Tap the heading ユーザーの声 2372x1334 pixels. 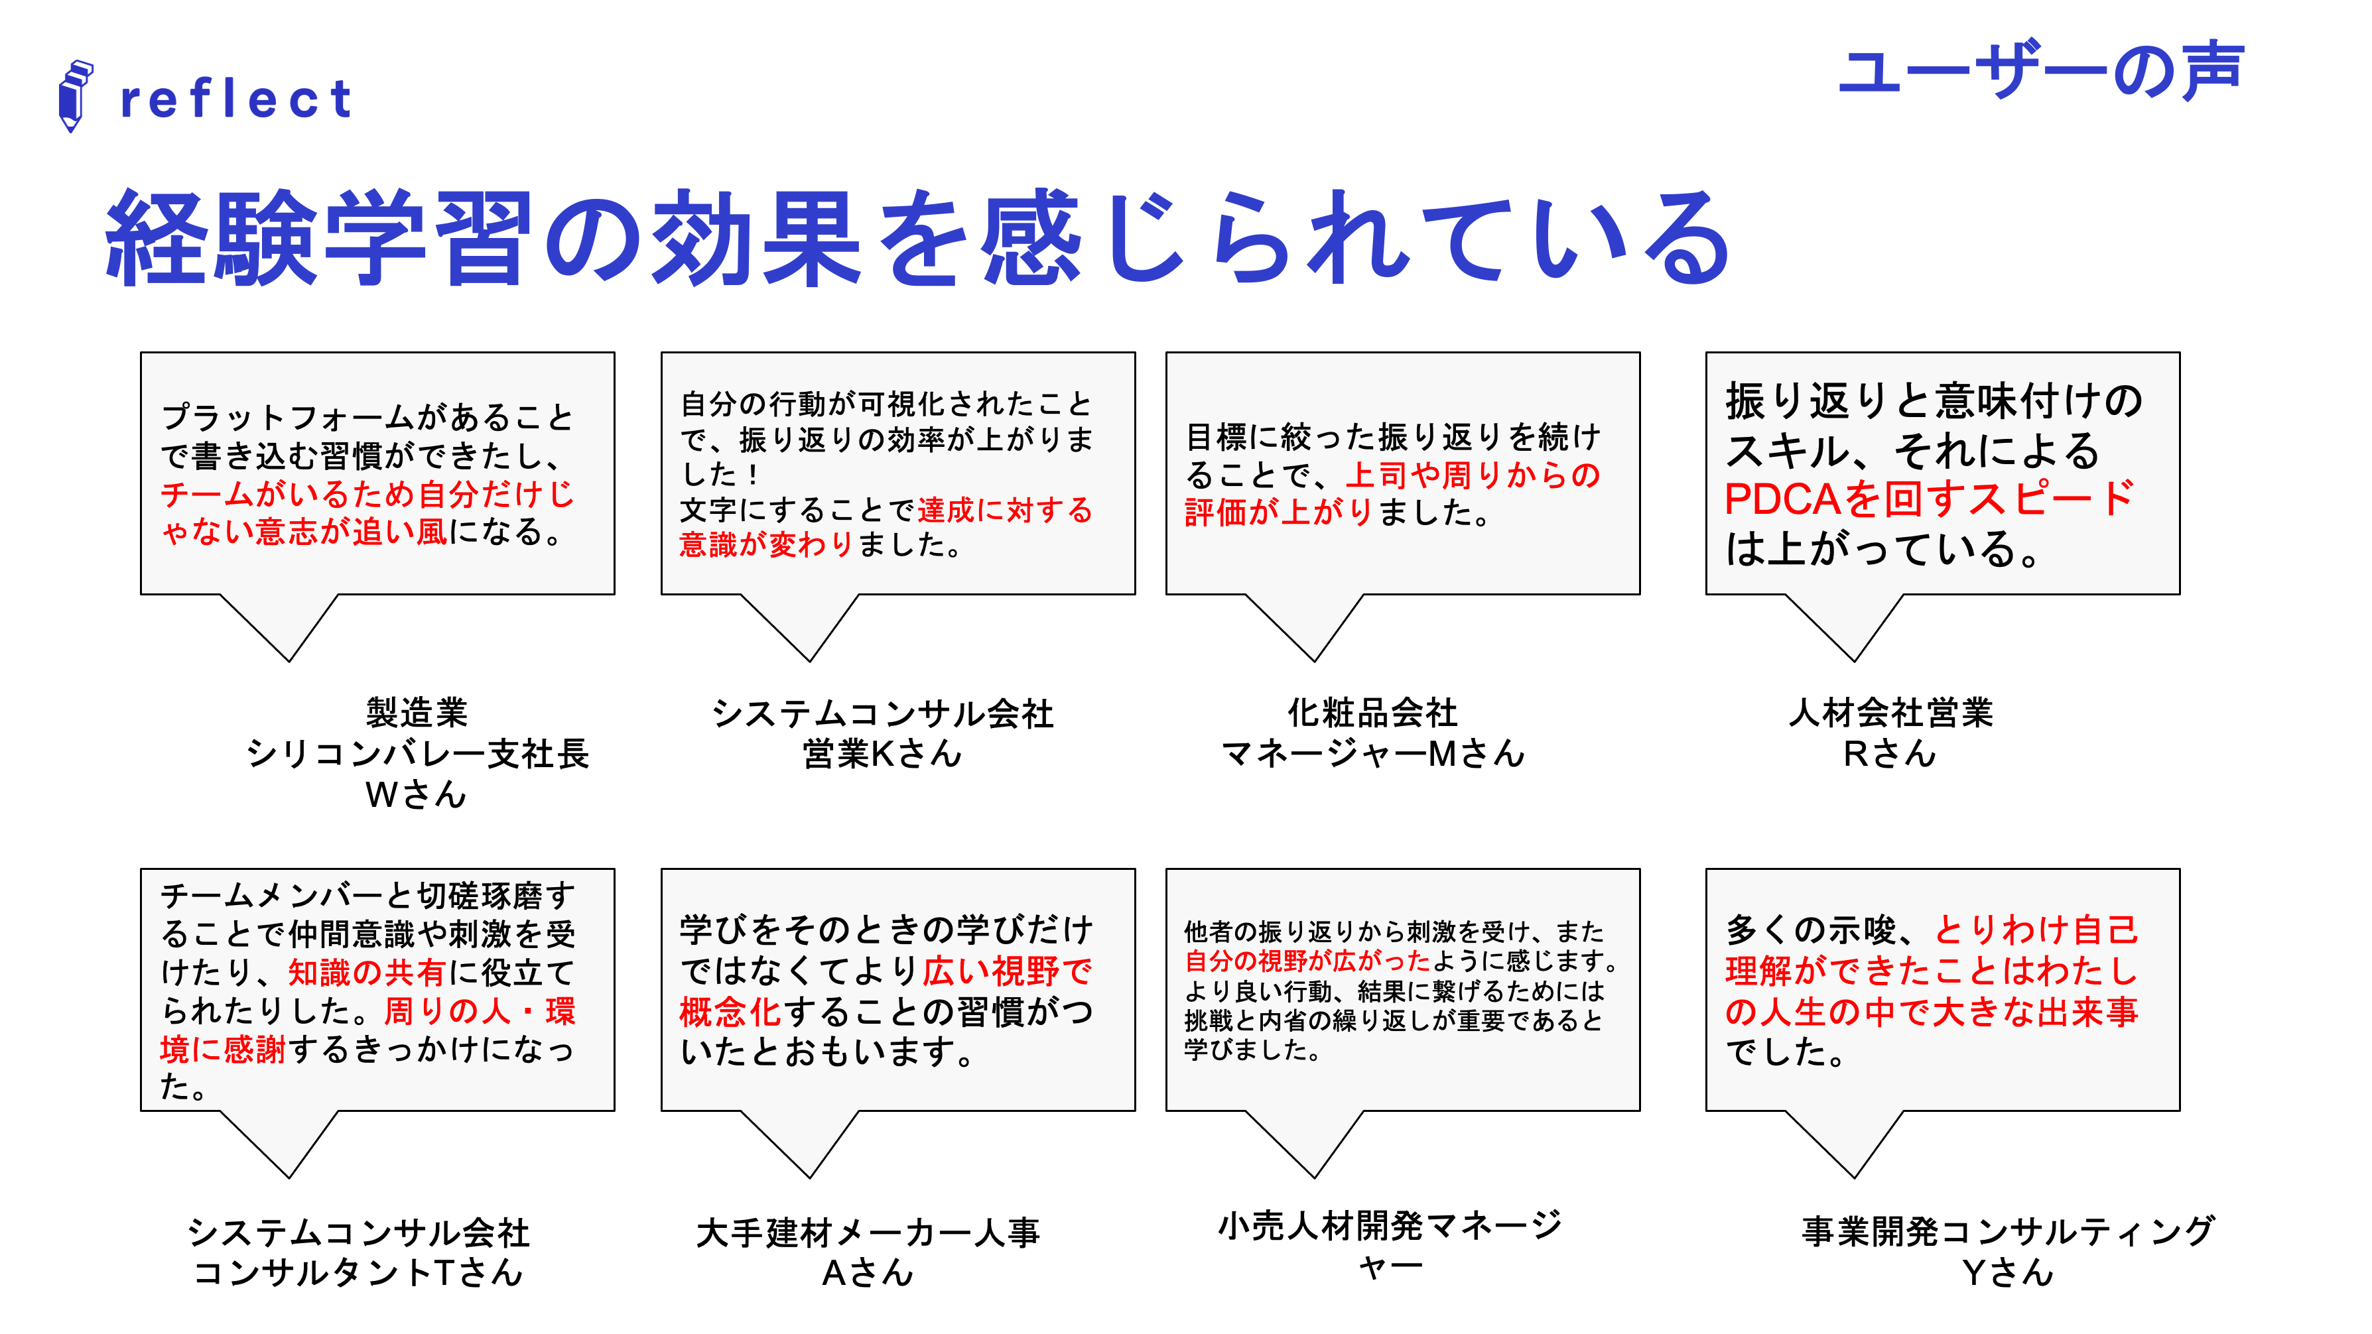point(2040,70)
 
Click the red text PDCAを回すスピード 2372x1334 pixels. point(1928,499)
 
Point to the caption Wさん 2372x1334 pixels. point(416,794)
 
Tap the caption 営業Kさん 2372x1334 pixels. point(882,754)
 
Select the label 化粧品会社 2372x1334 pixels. point(1372,713)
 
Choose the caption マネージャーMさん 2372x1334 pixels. point(1372,754)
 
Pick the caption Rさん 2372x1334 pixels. point(1890,754)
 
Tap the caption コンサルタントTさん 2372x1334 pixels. point(358,1272)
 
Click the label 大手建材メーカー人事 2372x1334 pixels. point(868,1232)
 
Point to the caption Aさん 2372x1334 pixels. point(868,1272)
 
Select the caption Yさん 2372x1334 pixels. point(2007,1272)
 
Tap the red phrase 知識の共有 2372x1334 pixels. point(367,972)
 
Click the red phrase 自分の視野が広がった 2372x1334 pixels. point(1307,961)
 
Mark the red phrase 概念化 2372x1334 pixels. point(729,1012)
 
